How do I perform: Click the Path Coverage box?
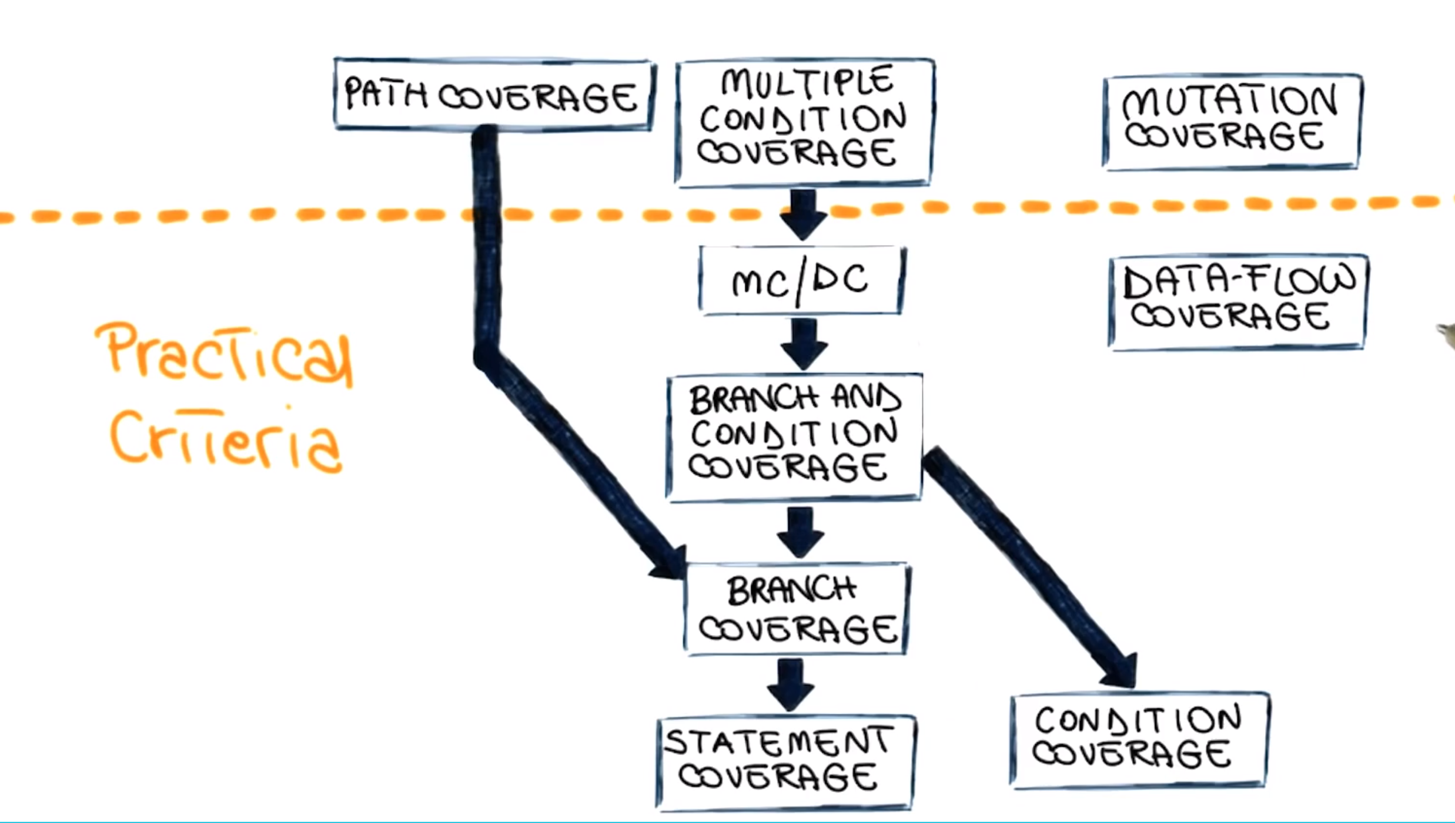[x=493, y=94]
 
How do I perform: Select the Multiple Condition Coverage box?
[x=804, y=122]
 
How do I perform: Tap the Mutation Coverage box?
[x=1232, y=122]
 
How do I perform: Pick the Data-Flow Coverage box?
[x=1237, y=302]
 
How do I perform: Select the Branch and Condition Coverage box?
[x=794, y=436]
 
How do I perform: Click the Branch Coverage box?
[x=796, y=609]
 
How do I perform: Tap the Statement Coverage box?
[x=785, y=762]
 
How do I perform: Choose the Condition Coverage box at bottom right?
[x=1138, y=739]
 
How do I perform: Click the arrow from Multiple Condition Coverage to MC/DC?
[x=803, y=214]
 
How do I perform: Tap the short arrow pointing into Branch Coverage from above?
[x=800, y=532]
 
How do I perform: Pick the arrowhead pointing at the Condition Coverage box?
[x=1120, y=670]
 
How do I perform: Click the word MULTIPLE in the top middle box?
[x=807, y=82]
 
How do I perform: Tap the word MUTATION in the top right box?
[x=1230, y=101]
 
